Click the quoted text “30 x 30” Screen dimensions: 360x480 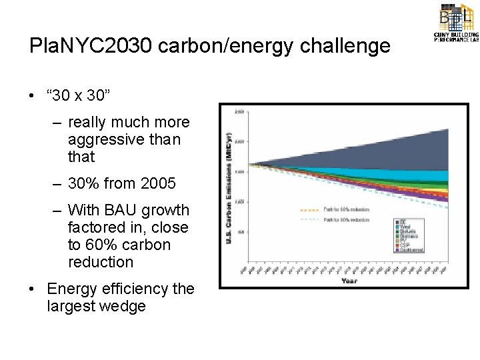tap(79, 95)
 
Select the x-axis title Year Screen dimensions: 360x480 tap(349, 281)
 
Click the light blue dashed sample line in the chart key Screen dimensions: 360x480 tap(311, 218)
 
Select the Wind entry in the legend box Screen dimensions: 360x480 tap(408, 226)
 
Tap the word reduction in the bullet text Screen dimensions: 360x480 tap(100, 262)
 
